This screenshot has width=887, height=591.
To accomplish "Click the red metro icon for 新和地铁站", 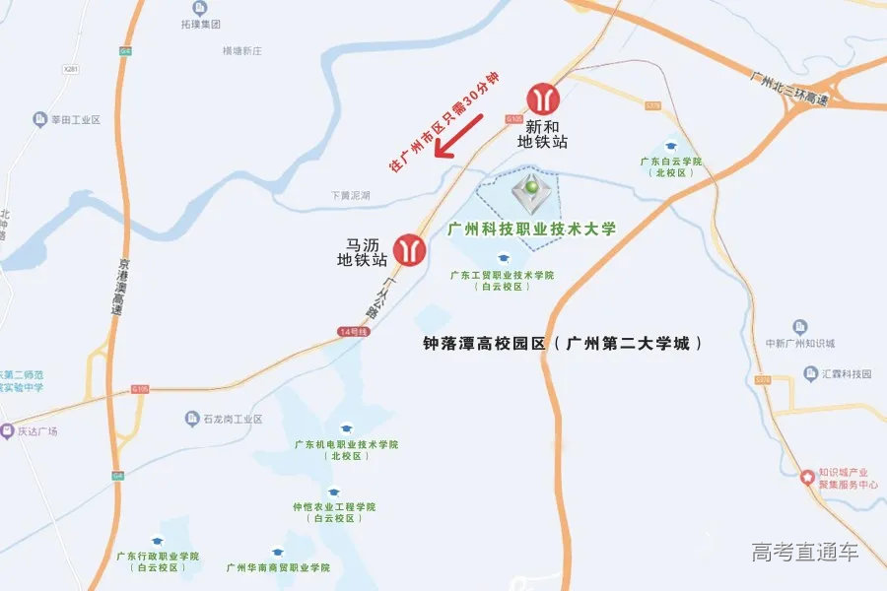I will point(541,98).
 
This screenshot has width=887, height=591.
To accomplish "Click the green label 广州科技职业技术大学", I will point(532,229).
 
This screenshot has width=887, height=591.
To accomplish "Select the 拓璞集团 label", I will point(201,23).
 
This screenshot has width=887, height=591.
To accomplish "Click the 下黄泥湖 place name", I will point(351,196).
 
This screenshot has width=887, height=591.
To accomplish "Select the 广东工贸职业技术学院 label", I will point(502,275).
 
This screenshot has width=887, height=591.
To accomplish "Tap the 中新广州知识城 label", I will point(800,343).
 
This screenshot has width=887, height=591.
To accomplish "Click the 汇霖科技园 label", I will point(846,374).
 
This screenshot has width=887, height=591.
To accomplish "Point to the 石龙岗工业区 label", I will point(233,419).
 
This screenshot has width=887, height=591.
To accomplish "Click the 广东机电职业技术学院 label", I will point(346,444).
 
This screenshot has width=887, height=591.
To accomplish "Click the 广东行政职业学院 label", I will point(158,557).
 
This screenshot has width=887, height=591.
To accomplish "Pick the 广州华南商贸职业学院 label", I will point(278,567).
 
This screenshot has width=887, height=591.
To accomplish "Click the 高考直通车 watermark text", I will point(804,552).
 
